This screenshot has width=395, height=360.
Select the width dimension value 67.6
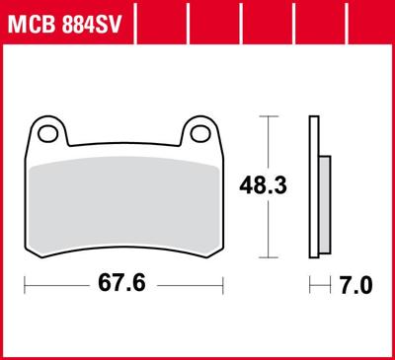(x=126, y=286)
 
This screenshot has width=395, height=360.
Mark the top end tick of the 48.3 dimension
(x=265, y=116)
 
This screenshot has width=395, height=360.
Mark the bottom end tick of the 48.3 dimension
(x=265, y=254)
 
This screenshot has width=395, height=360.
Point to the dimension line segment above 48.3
(x=265, y=143)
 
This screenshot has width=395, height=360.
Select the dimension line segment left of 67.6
(x=59, y=286)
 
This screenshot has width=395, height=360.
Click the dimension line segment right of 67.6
(x=193, y=286)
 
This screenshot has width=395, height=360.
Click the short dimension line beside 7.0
(x=319, y=286)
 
